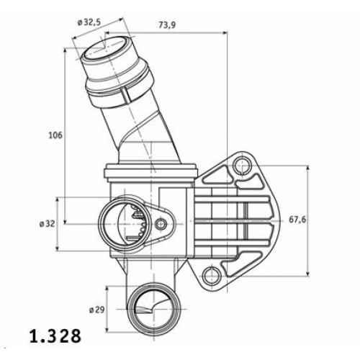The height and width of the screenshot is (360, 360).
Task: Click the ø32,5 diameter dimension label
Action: click(89, 22)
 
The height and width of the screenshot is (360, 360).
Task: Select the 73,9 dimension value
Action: click(167, 25)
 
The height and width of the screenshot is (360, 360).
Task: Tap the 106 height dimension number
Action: click(55, 135)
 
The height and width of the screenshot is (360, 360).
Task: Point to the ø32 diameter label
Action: click(47, 224)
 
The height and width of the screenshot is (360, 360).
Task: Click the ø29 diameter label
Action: click(97, 310)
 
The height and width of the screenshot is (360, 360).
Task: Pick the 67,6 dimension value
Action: click(297, 220)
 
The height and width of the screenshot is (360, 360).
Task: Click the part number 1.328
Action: click(55, 337)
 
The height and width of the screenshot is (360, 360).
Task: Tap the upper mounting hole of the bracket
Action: click(242, 166)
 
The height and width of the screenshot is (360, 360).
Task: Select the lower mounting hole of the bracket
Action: click(211, 275)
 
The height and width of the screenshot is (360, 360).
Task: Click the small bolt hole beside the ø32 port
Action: click(161, 224)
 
